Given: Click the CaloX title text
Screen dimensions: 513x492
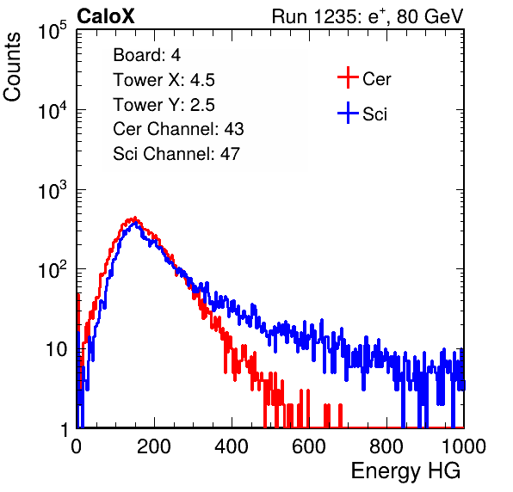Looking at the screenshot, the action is point(106,16).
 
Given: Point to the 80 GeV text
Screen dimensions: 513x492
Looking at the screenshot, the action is point(430,16).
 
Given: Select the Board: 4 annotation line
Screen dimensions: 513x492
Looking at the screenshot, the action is point(146,55).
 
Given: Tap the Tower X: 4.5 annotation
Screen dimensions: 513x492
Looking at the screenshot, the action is point(164,80).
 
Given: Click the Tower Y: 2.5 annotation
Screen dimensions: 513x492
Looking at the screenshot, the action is point(164,105).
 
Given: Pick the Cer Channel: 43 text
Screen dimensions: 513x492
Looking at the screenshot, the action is point(178,129).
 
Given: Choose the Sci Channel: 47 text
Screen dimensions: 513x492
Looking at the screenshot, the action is point(176,154).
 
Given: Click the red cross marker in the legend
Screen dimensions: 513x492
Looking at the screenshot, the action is point(348,77).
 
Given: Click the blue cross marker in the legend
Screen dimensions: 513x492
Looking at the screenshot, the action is point(348,113).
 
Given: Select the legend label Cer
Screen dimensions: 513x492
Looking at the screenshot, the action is point(376,79).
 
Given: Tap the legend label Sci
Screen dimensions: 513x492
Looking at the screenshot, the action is point(375,114).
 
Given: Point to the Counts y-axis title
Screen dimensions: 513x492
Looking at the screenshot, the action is point(12,66).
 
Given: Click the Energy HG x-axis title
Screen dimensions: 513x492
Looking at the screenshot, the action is point(405,470).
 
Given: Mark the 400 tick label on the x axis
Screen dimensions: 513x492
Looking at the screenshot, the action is point(232,446).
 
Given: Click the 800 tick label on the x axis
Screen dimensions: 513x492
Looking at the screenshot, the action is point(386,446).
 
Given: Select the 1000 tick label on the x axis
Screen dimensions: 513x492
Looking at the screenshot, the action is point(464,446).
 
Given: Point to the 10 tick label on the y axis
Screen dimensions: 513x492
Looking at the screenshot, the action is point(57,349).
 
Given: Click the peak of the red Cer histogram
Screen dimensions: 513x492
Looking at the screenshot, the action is point(135,218).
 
